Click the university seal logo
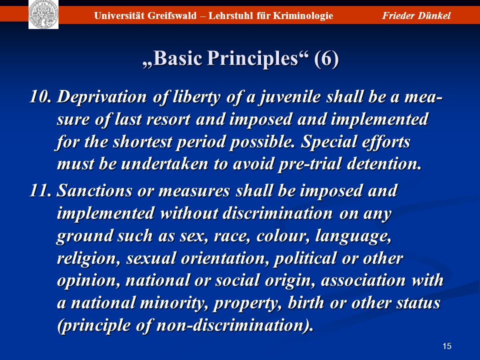point(43,14)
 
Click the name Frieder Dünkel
point(416,15)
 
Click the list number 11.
point(40,190)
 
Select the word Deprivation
point(102,97)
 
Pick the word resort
point(168,119)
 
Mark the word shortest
point(142,142)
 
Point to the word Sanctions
point(94,190)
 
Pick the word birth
point(306,303)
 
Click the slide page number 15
point(447,346)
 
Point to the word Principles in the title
point(252,58)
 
